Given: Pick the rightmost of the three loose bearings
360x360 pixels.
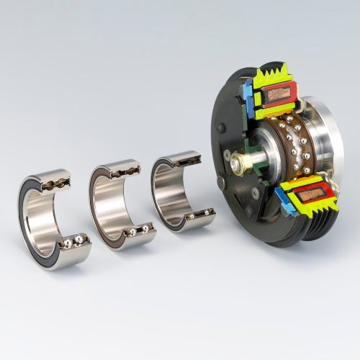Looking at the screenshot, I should (179, 191).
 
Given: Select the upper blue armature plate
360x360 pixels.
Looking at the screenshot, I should (248, 94).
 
